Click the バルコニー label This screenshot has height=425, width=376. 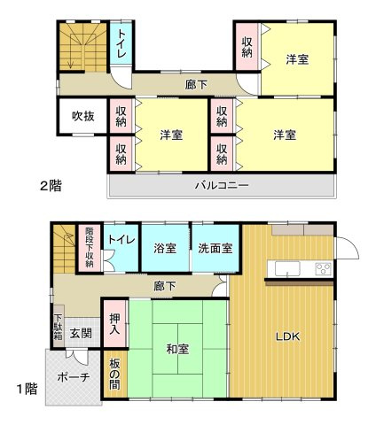(222, 186)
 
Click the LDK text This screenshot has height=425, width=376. (286, 336)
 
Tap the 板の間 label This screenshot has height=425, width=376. (116, 374)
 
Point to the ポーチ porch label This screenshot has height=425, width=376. (72, 377)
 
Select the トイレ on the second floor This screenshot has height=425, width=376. (121, 43)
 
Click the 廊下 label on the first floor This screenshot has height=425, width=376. (164, 286)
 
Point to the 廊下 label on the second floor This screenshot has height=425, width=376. (197, 85)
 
